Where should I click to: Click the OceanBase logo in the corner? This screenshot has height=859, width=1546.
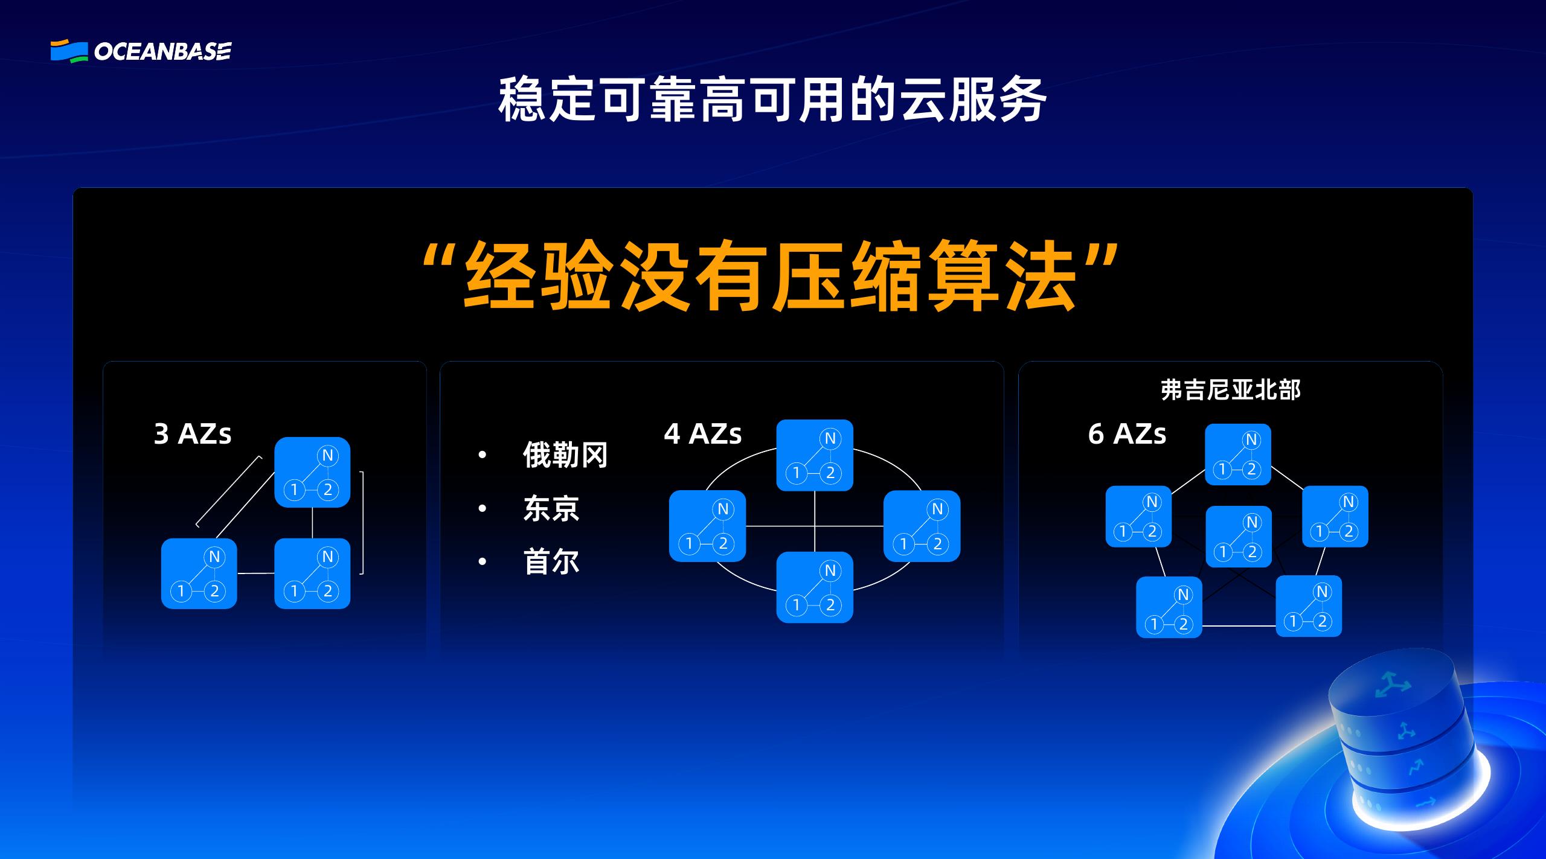click(x=140, y=51)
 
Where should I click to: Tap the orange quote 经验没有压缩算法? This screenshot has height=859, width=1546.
click(x=771, y=276)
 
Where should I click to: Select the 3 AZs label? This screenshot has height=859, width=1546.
click(x=193, y=434)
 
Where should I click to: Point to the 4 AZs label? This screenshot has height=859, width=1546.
click(x=702, y=434)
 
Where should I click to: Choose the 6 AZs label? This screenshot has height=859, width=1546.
click(x=1127, y=434)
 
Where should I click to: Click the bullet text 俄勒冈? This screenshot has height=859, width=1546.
click(x=565, y=455)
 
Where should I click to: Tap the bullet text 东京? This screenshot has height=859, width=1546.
click(x=551, y=509)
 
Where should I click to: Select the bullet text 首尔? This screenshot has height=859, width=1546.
click(x=551, y=562)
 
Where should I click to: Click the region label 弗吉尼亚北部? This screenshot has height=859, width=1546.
click(x=1230, y=390)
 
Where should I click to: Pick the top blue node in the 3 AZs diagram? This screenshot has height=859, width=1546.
click(x=312, y=472)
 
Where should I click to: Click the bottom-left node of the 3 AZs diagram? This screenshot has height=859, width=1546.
click(x=199, y=573)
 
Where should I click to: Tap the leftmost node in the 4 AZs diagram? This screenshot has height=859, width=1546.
click(x=707, y=526)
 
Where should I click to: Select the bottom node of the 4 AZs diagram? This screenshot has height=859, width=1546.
click(x=814, y=587)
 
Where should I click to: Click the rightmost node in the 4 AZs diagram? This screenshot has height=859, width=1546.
click(x=922, y=526)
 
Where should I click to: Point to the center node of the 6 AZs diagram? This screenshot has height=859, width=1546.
click(x=1238, y=537)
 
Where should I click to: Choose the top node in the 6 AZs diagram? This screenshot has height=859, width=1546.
click(x=1237, y=455)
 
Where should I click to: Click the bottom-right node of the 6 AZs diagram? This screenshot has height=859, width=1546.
click(x=1308, y=606)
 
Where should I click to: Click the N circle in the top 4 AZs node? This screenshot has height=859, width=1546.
click(x=830, y=439)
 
